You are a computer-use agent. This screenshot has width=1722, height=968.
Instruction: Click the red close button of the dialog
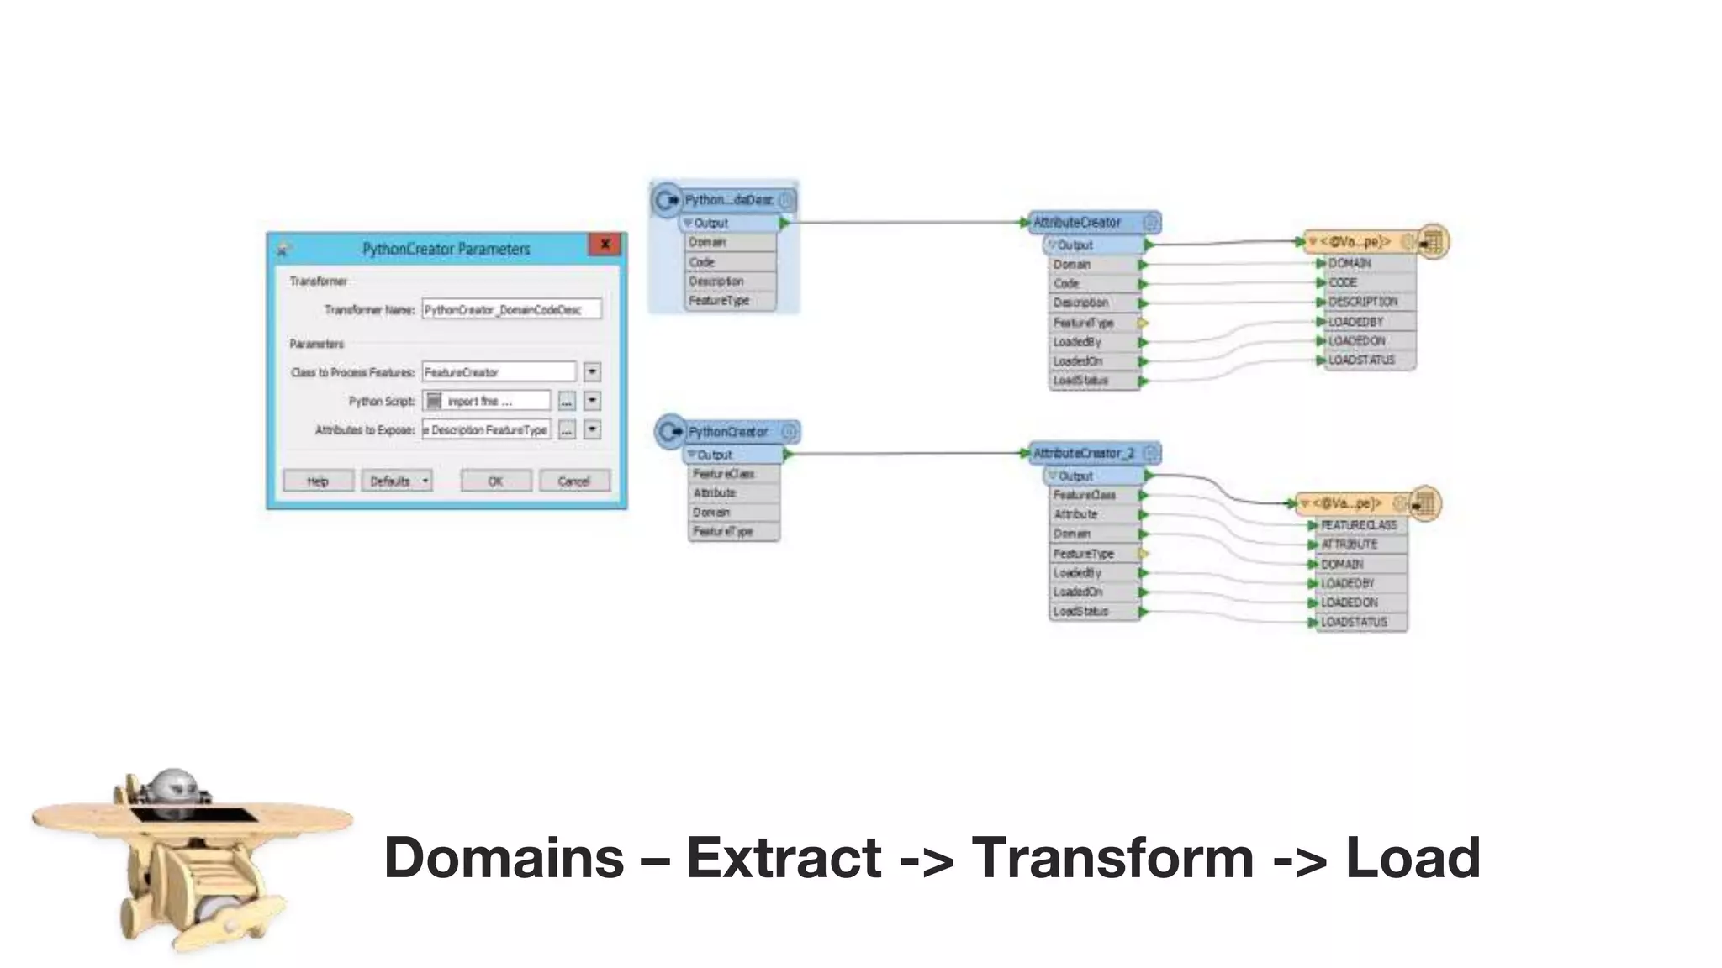point(605,245)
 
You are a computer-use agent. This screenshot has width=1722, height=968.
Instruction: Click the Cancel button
point(574,481)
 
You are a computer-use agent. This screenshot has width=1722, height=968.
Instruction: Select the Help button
point(318,481)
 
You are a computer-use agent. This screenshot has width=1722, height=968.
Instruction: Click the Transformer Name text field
point(511,309)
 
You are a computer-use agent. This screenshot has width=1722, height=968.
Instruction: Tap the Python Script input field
point(488,401)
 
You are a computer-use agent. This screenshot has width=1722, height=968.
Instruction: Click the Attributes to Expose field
point(487,429)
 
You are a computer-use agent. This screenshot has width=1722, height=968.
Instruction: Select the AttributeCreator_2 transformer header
point(1085,453)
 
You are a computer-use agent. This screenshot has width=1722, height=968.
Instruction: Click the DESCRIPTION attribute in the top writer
point(1363,302)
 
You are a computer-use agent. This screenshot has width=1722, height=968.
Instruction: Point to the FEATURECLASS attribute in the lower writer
point(1358,525)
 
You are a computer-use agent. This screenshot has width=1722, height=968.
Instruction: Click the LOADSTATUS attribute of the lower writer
point(1354,622)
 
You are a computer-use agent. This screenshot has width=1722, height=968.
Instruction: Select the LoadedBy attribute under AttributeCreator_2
point(1078,573)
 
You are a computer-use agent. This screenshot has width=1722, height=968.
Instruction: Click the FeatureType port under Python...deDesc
point(720,301)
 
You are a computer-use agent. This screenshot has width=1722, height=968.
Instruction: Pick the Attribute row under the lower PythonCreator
point(716,493)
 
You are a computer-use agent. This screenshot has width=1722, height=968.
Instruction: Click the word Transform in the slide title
point(1112,858)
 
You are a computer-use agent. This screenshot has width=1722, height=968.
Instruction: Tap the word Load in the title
point(1413,858)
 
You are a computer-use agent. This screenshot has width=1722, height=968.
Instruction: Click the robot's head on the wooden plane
point(173,786)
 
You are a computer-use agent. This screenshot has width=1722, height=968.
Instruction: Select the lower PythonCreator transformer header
point(728,432)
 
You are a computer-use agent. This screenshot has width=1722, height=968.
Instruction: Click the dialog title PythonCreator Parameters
point(446,249)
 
